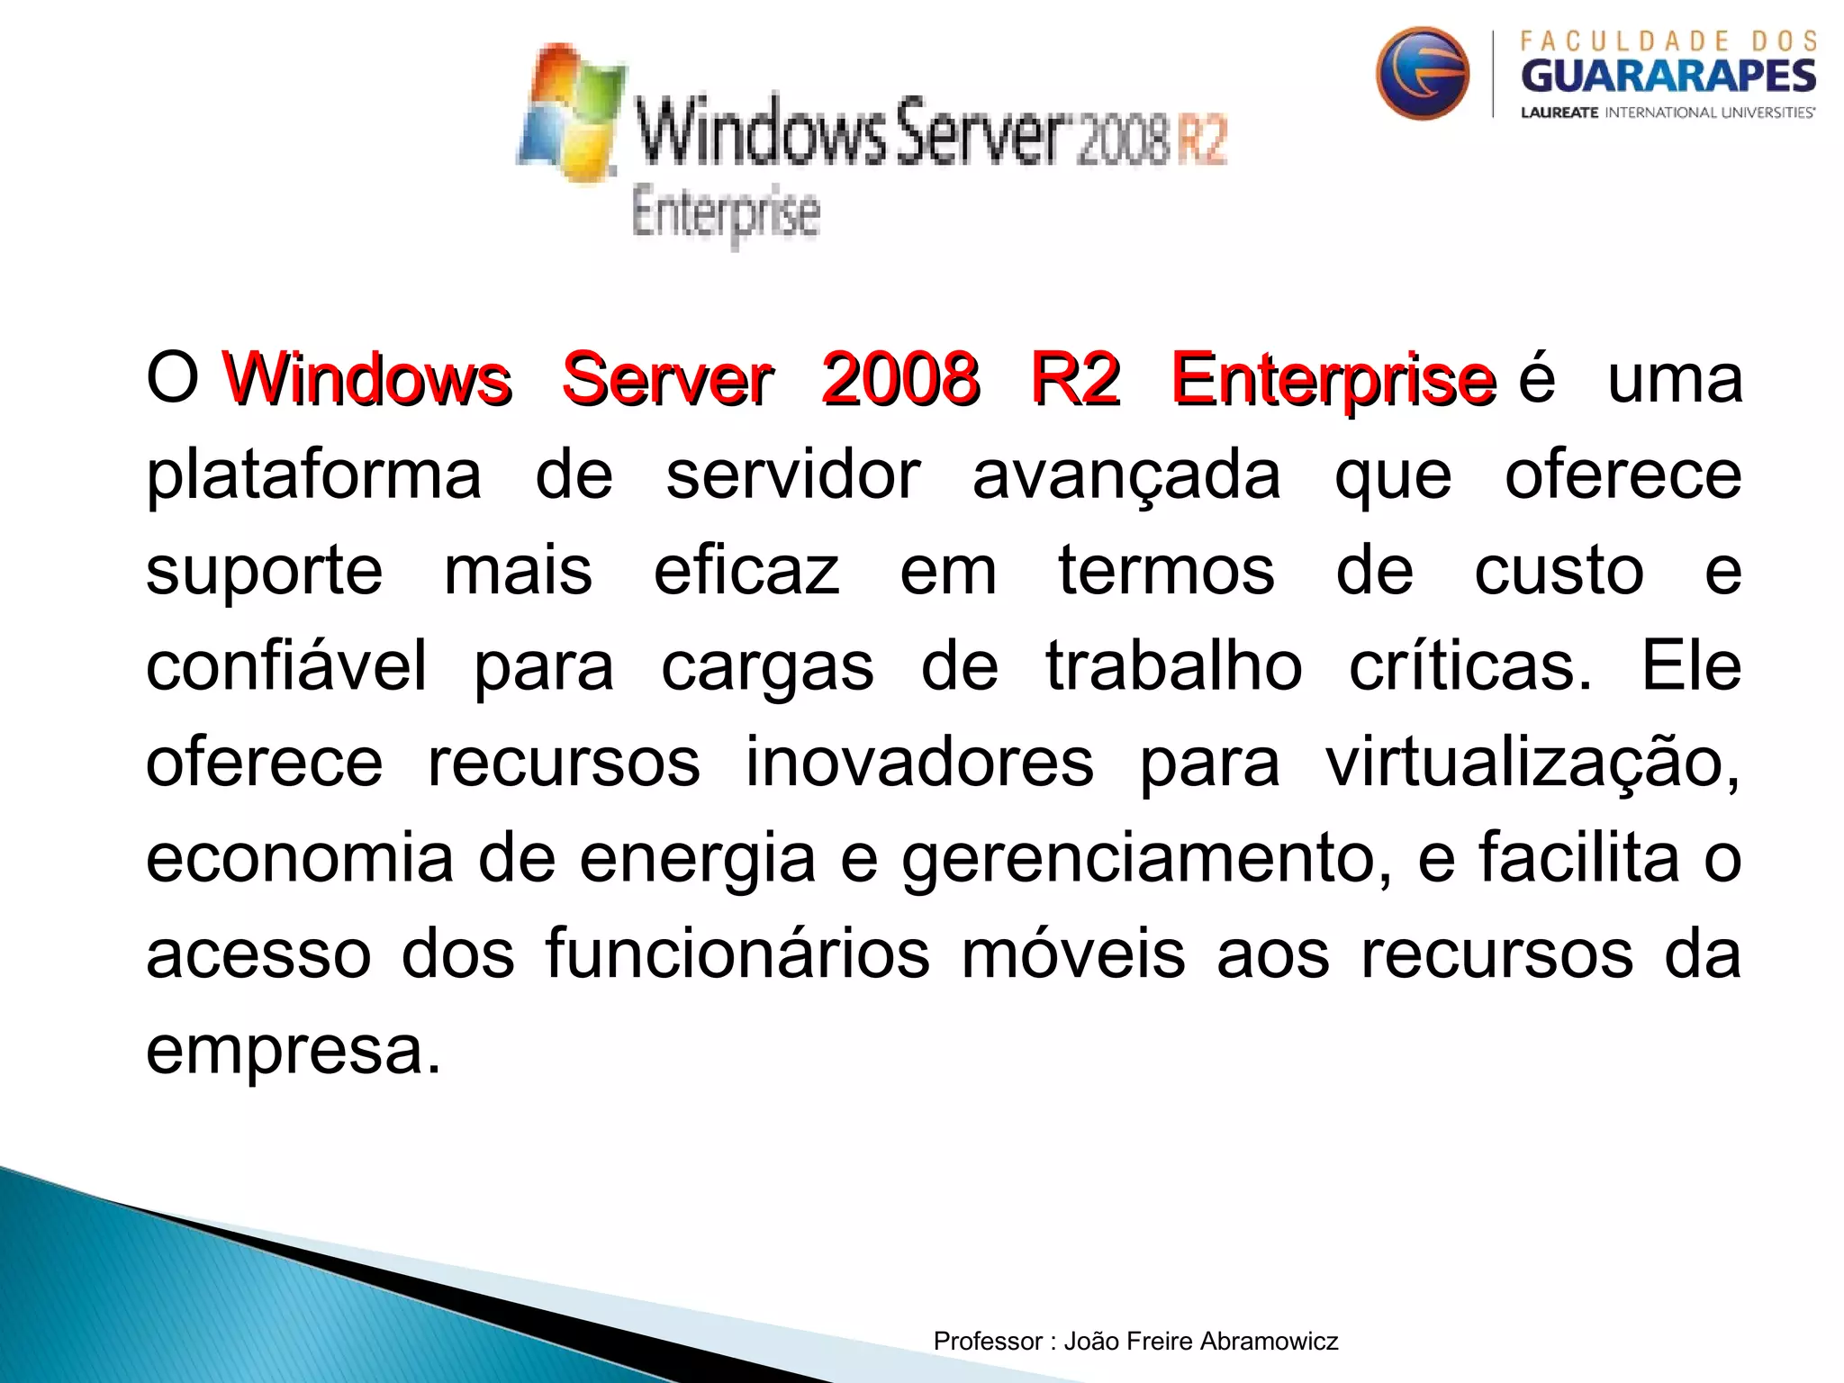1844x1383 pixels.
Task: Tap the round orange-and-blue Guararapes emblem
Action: pyautogui.click(x=1422, y=73)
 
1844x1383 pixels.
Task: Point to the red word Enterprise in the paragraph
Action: pyautogui.click(x=1333, y=379)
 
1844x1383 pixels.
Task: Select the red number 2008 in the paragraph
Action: pyautogui.click(x=900, y=379)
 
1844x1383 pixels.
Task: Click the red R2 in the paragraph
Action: pyautogui.click(x=1076, y=379)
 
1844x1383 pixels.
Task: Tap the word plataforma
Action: pyautogui.click(x=313, y=476)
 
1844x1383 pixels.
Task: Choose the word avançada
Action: pyautogui.click(x=1126, y=476)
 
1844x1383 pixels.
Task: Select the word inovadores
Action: pyautogui.click(x=919, y=763)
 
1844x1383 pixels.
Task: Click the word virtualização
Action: pyautogui.click(x=1532, y=763)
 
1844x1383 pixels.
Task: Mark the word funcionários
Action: pyautogui.click(x=737, y=954)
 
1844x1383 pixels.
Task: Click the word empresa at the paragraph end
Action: pyautogui.click(x=293, y=1051)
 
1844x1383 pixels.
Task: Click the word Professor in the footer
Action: pyautogui.click(x=988, y=1342)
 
